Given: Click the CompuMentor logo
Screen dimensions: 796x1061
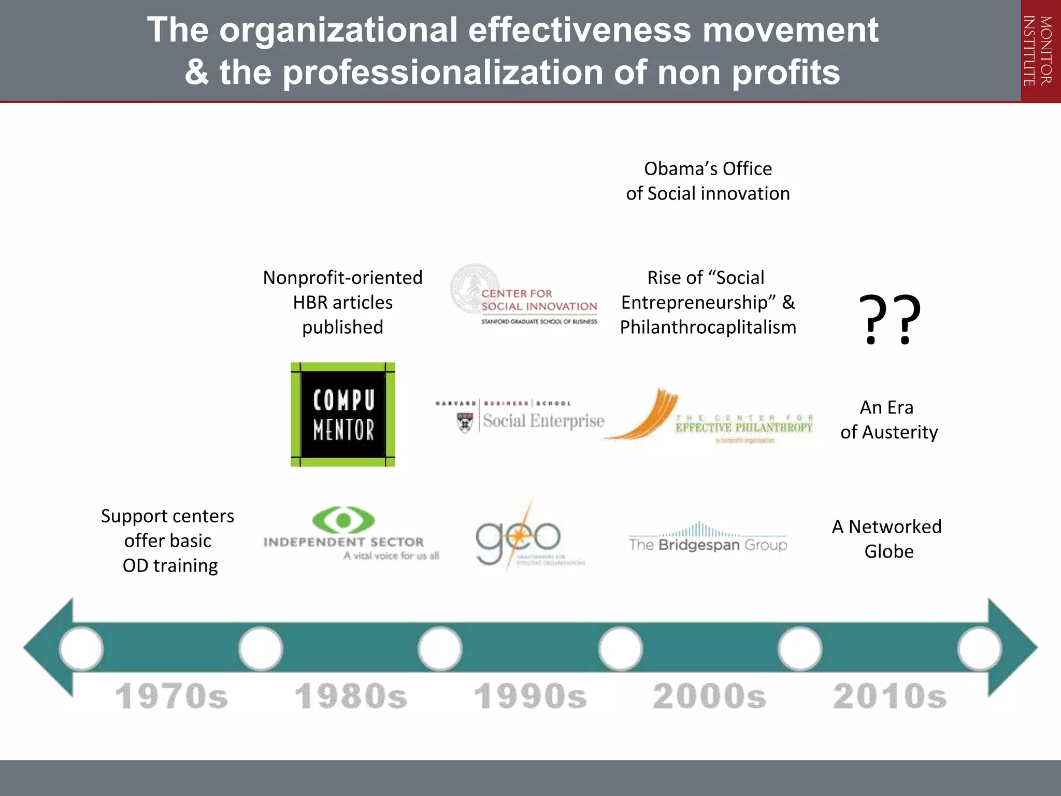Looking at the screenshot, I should (342, 415).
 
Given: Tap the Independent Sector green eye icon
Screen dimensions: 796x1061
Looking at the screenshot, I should (343, 520).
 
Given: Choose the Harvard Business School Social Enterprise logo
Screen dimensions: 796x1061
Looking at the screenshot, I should (520, 417).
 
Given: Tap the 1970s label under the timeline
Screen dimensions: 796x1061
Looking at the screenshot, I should (171, 696).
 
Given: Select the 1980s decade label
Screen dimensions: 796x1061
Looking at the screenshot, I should (351, 696).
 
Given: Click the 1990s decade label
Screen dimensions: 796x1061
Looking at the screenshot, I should (530, 696).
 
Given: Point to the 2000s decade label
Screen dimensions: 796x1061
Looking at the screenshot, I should (709, 696).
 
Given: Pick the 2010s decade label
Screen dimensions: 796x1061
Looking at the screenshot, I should (890, 696).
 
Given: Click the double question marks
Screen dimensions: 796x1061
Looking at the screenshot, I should (890, 319).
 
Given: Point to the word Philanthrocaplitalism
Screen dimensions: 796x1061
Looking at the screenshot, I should (708, 328).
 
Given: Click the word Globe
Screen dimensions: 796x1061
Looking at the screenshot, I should (889, 551).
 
